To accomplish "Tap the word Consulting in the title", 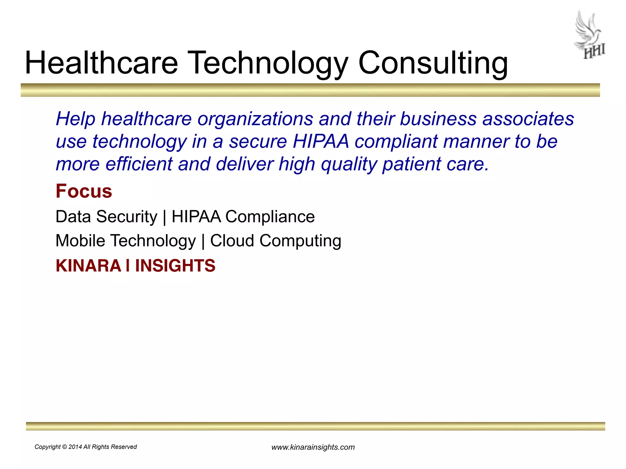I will [433, 64].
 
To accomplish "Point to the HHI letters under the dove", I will [594, 52].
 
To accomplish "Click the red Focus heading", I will [84, 191].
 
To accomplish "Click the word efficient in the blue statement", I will [139, 164].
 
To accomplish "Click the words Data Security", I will [106, 217].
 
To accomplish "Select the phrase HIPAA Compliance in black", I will [243, 217].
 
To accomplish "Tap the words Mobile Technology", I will [125, 241].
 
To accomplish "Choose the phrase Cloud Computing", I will [275, 241].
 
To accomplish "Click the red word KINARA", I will [88, 266].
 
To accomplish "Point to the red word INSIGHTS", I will [175, 266].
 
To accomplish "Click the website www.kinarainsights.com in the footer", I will [313, 447].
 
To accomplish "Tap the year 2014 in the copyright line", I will [75, 447].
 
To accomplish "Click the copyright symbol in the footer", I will [64, 447].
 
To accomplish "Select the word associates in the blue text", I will [528, 118].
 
